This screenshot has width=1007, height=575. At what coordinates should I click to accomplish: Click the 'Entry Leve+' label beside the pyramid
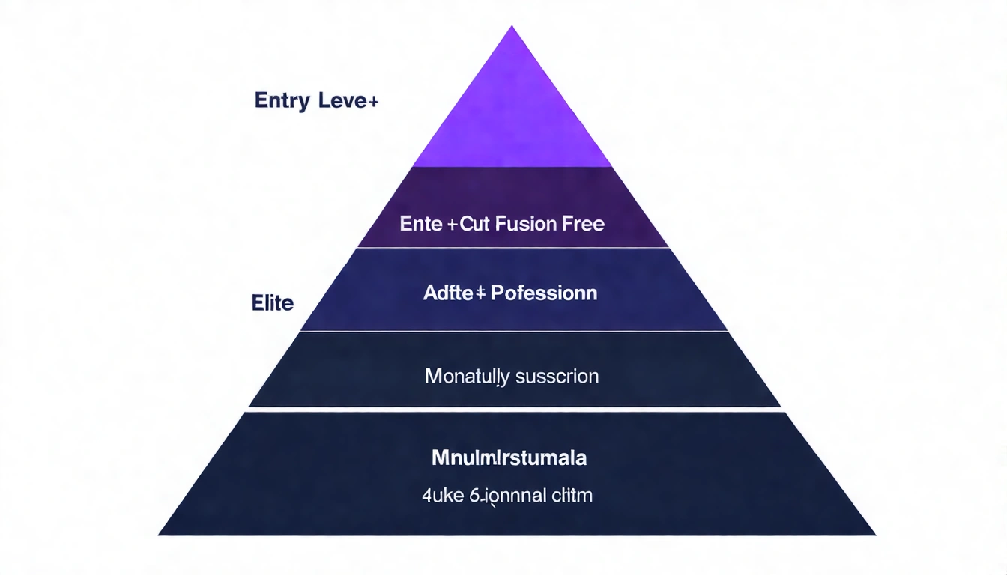point(315,101)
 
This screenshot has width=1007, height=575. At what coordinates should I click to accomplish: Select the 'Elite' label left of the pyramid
point(273,304)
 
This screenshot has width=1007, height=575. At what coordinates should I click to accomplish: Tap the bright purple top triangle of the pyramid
point(512,112)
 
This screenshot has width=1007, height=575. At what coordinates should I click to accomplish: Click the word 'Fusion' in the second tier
point(524,223)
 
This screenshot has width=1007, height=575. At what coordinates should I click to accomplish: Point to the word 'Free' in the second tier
point(584,223)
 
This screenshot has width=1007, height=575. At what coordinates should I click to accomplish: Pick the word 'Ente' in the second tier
point(422,223)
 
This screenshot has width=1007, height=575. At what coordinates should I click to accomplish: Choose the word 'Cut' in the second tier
point(475,223)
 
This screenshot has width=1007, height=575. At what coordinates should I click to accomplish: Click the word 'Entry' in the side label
point(282,101)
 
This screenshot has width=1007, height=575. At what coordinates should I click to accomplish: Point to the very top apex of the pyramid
point(512,28)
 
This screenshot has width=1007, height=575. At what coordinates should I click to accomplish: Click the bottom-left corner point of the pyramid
point(160,534)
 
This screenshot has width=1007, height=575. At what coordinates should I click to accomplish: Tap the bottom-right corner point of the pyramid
point(874,534)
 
